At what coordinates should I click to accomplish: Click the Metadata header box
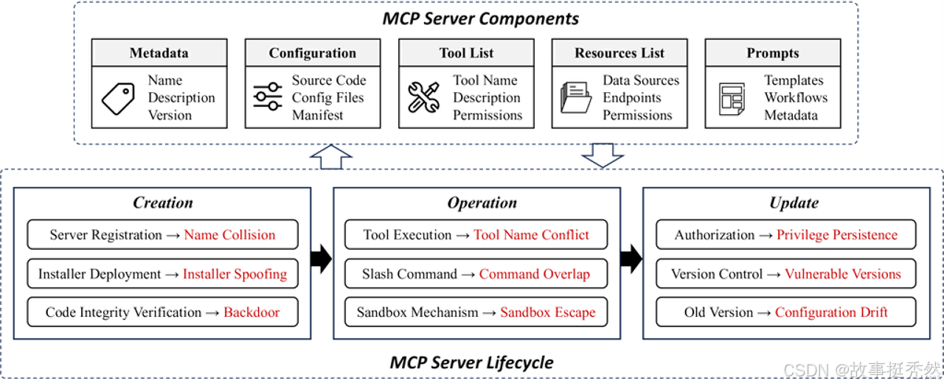pyautogui.click(x=159, y=53)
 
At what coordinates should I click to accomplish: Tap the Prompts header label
pyautogui.click(x=772, y=53)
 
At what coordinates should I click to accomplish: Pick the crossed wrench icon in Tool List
pyautogui.click(x=424, y=97)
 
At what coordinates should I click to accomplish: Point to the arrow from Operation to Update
pyautogui.click(x=629, y=256)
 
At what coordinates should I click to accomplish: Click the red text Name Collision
pyautogui.click(x=230, y=235)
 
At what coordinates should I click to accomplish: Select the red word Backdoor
pyautogui.click(x=251, y=312)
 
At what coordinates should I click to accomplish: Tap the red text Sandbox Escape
pyautogui.click(x=548, y=312)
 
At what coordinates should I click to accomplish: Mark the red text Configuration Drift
pyautogui.click(x=842, y=312)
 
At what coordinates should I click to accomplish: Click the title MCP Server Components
pyautogui.click(x=480, y=18)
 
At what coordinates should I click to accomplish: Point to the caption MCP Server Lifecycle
pyautogui.click(x=471, y=362)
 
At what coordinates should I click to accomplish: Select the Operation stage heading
pyautogui.click(x=482, y=203)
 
